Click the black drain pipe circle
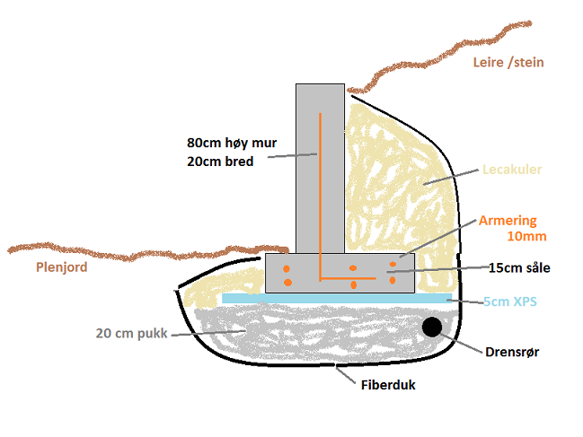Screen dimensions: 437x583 coord(432,327)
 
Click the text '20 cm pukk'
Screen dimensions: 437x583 coord(130,333)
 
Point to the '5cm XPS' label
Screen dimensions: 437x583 coord(509,302)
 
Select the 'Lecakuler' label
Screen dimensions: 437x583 coord(512,169)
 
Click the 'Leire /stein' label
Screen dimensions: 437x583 coord(508,62)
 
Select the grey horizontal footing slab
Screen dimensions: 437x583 coord(368,275)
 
